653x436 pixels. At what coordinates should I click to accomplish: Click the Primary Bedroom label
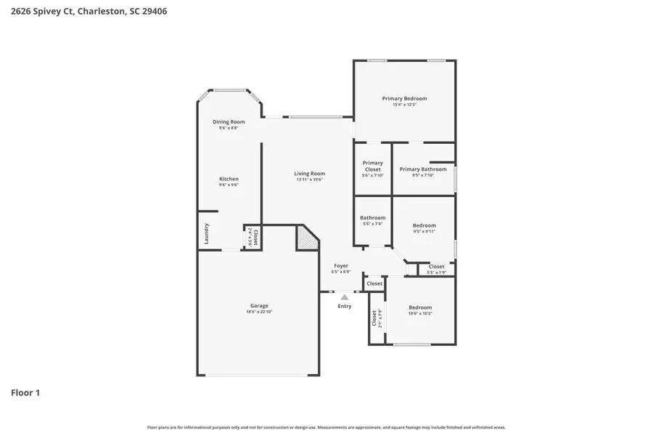[404, 98]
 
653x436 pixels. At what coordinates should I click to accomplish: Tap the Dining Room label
[229, 121]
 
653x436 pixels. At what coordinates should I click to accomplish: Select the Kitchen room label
[229, 179]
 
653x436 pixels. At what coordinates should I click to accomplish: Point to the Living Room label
[309, 174]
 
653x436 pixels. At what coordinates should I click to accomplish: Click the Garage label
[259, 306]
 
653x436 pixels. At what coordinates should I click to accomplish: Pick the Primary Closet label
[372, 166]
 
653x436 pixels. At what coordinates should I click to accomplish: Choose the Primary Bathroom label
[423, 169]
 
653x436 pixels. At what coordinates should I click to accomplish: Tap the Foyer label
[341, 266]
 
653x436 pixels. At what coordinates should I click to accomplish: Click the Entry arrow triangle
[345, 296]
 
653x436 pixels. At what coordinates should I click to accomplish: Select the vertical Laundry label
[207, 234]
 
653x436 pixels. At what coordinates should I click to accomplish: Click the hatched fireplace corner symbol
[307, 239]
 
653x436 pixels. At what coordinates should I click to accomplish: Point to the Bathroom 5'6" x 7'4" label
[373, 217]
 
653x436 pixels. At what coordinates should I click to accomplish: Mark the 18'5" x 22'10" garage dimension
[259, 312]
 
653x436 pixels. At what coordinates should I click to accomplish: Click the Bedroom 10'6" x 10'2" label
[420, 307]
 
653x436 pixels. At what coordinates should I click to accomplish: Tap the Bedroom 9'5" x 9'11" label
[424, 225]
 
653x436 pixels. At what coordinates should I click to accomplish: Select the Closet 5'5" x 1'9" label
[436, 267]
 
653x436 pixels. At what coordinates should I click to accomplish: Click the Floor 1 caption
[25, 393]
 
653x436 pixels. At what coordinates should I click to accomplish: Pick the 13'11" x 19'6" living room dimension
[309, 179]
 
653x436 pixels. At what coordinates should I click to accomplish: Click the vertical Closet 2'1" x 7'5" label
[374, 318]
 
